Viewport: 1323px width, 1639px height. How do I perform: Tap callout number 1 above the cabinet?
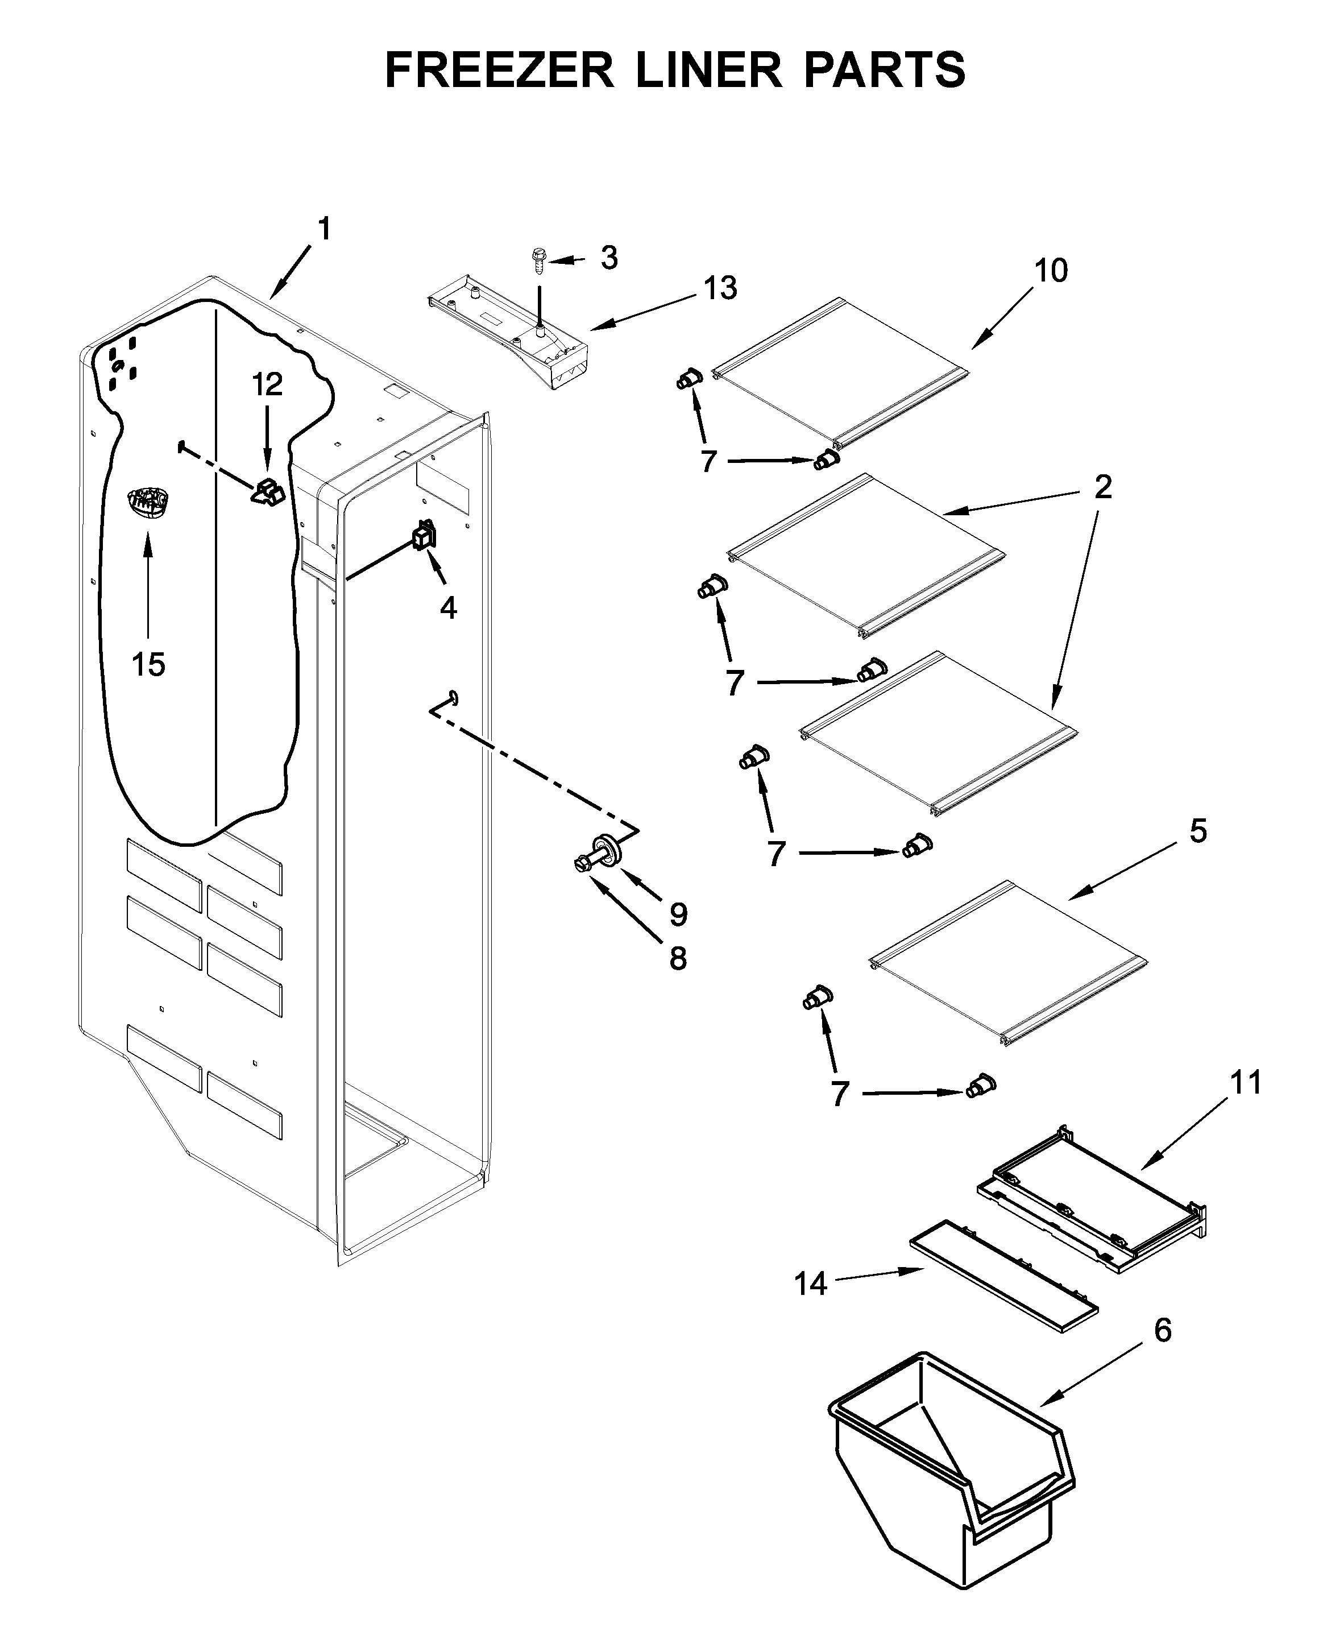tap(324, 229)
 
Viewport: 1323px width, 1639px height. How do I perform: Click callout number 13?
tap(720, 288)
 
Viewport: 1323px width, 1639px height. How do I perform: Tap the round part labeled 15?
tap(147, 504)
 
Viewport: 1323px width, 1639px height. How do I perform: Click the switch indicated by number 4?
tap(424, 535)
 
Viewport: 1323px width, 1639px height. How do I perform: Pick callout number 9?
tap(678, 914)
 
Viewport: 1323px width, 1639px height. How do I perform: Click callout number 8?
tap(678, 958)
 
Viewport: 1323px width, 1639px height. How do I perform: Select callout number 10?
tap(1051, 270)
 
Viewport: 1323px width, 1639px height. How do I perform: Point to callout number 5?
tap(1197, 831)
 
